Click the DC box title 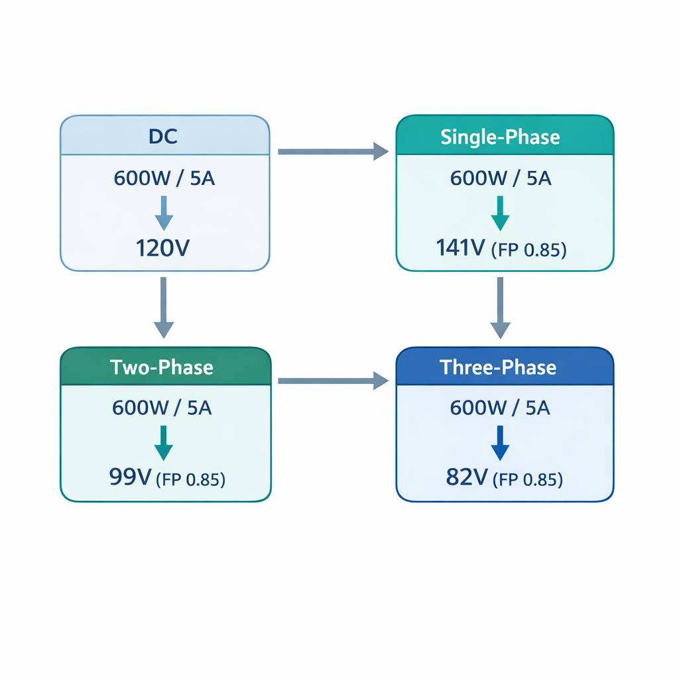[x=164, y=137]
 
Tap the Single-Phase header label [x=500, y=137]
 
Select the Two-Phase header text [x=162, y=367]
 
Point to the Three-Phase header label [x=498, y=367]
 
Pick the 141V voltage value [x=462, y=248]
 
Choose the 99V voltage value [x=130, y=477]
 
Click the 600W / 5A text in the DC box [x=164, y=178]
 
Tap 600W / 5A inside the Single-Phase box [x=501, y=178]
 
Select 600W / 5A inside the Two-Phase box [x=162, y=408]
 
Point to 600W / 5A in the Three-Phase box [x=500, y=408]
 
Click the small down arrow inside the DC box [x=163, y=214]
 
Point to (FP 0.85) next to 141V [x=528, y=250]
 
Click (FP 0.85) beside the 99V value [x=190, y=479]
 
